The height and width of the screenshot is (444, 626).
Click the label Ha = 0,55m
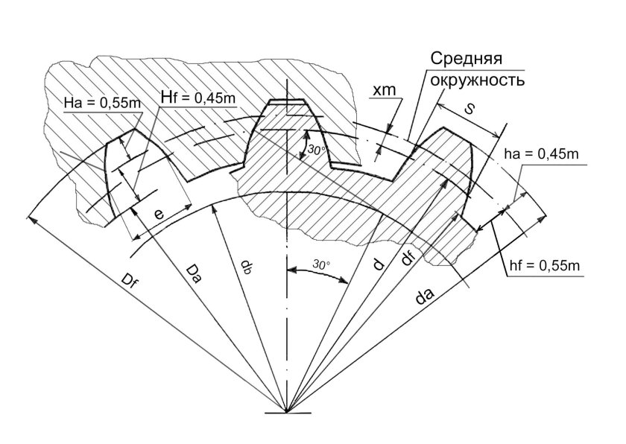pos(102,104)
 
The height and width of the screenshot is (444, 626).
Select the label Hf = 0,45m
pos(197,97)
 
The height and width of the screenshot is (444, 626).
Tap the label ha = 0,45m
pos(541,154)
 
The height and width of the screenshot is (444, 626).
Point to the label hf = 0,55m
pos(545,265)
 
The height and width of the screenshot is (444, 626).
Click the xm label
pos(384,90)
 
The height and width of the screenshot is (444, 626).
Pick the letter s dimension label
pos(469,109)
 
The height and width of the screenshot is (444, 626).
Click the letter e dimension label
pos(159,215)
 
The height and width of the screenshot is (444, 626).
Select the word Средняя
pos(466,60)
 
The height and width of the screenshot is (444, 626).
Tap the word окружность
pos(477,80)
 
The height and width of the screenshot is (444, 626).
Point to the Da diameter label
pos(192,273)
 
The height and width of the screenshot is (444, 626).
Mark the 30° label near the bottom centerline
pos(321,264)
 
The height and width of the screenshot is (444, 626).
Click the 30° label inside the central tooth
pos(316,150)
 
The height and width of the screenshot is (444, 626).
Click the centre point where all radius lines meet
pos(286,412)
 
